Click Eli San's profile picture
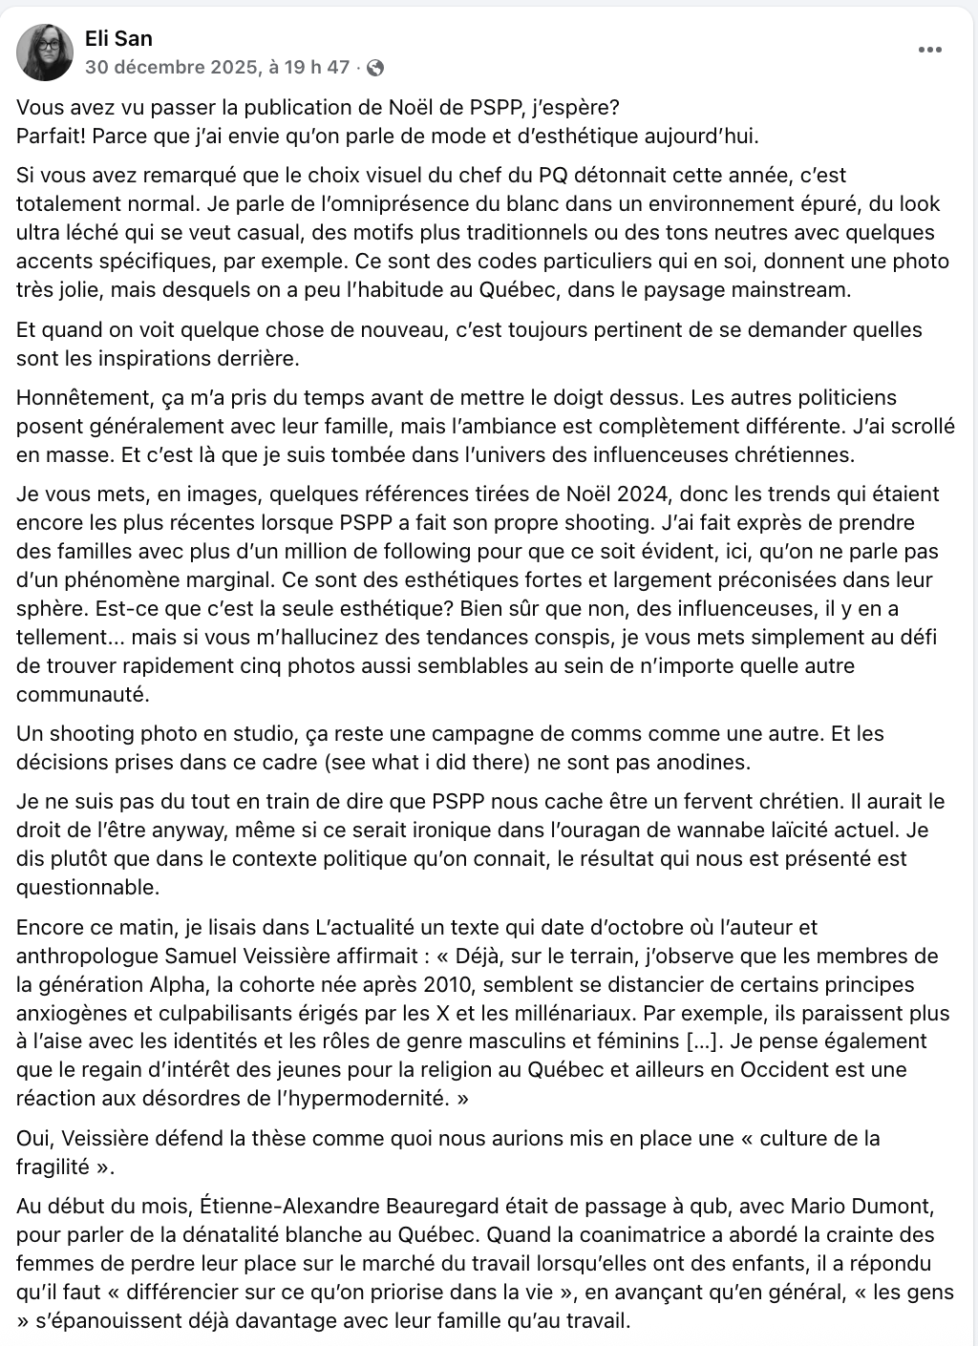pos(45,53)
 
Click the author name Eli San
pos(118,38)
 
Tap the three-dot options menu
pos(929,51)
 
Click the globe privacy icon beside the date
pos(375,68)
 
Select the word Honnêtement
pos(80,397)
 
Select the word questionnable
pos(87,887)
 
